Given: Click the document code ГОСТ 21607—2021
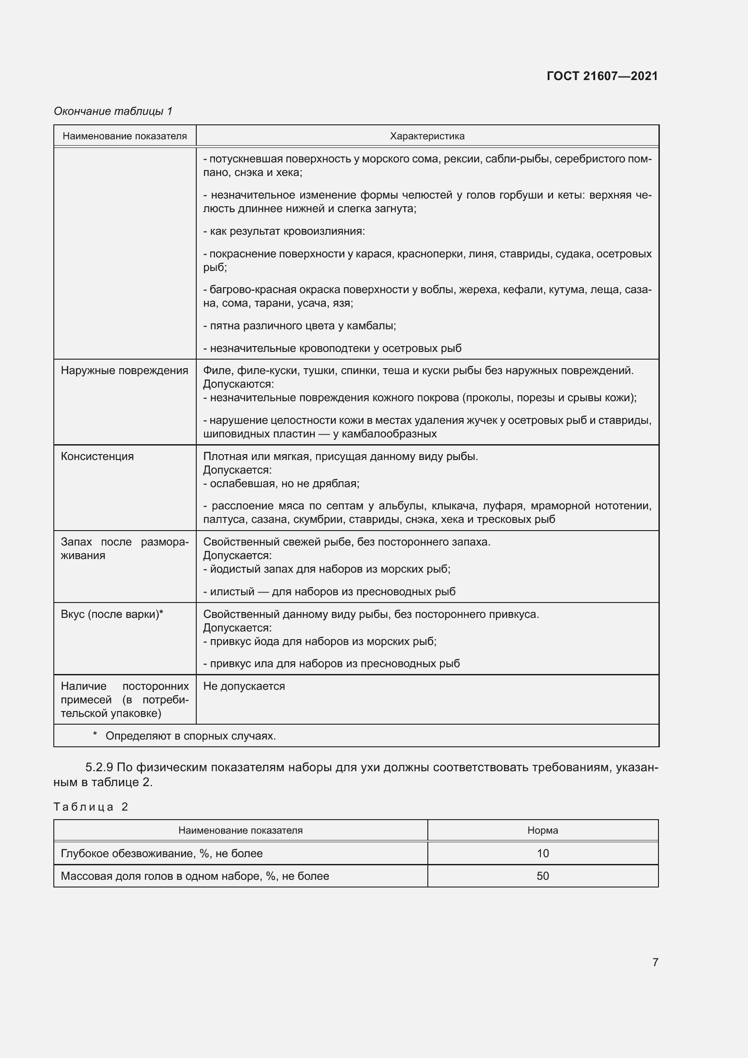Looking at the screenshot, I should coord(602,76).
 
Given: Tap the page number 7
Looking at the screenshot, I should coord(655,962).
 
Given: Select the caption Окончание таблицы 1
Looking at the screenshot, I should coord(113,111).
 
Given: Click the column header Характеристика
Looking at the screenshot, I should coord(427,136).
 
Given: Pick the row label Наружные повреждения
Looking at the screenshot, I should coord(124,370).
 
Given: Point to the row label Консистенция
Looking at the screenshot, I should coord(97,456).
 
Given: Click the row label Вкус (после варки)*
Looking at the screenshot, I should coord(112,614).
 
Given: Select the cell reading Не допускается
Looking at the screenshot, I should coord(244,686).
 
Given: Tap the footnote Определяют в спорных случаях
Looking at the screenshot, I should coord(190,736).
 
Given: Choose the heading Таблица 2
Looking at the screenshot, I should coord(91,807).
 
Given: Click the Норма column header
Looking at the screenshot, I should coord(543,830).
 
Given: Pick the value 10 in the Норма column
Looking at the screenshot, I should coord(543,854).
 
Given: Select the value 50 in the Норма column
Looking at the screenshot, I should coord(543,876).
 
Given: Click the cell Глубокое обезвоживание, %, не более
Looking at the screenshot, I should coord(161,854).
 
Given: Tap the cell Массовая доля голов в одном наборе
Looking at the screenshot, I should coord(195,876).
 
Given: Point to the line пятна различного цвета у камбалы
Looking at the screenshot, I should coord(299,326).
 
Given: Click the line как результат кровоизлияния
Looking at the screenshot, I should coord(284,231).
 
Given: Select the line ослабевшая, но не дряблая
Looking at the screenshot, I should coord(281,484).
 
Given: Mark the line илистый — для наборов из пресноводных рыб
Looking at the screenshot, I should coord(329,592).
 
